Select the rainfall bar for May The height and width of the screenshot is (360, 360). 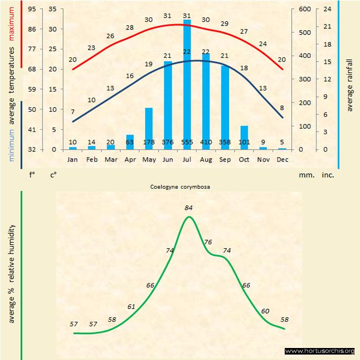149,128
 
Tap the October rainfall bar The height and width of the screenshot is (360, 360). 244,137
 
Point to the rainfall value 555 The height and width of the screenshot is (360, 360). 187,143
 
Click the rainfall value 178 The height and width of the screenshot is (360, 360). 149,143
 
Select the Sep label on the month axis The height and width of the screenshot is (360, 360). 225,159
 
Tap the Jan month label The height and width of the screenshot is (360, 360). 73,159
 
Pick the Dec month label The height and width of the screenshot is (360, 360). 282,159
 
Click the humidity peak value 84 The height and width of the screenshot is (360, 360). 189,207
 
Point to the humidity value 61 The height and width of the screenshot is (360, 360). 131,307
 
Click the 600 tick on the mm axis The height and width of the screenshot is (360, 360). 303,9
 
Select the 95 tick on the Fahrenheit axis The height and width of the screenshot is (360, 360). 32,9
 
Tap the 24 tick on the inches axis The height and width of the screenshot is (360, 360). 328,9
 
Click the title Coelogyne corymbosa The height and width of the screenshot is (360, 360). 180,187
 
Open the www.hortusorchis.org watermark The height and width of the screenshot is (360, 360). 320,351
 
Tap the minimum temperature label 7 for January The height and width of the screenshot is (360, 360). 73,112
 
